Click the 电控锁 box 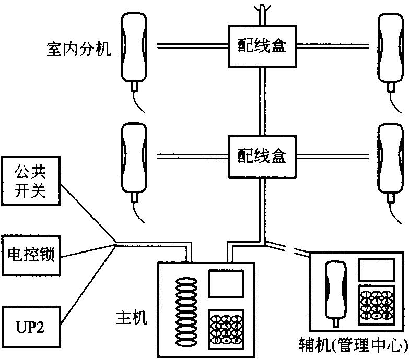pos(31,254)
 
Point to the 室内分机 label pos(78,51)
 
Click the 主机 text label pos(133,316)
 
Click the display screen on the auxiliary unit pos(374,271)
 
